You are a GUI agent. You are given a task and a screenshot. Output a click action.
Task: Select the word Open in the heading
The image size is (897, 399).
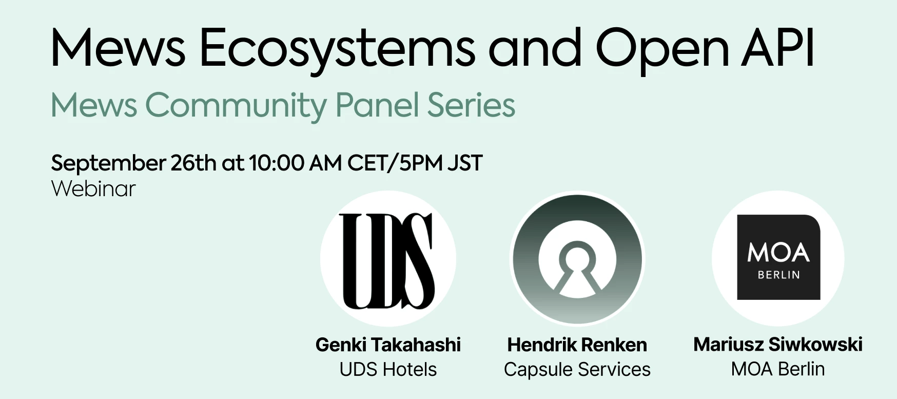662,49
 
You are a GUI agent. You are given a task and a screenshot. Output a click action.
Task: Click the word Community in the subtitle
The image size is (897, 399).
236,106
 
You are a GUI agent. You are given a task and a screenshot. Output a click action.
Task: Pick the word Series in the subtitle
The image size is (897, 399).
471,105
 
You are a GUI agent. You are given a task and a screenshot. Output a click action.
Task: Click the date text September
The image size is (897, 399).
108,164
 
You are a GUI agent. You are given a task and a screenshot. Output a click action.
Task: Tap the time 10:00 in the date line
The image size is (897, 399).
276,163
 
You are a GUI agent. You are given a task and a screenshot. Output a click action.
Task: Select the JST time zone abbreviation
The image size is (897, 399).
464,163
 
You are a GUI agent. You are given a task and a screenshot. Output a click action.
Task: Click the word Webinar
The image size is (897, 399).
93,188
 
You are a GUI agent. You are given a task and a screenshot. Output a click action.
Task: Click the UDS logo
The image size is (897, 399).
387,260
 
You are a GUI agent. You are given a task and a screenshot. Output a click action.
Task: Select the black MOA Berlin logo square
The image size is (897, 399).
778,257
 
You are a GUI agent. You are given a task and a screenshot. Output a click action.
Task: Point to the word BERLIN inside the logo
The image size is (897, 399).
778,275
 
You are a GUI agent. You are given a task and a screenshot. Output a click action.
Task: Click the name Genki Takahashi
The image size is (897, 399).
388,345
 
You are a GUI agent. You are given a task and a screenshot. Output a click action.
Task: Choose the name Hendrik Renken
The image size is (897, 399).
577,345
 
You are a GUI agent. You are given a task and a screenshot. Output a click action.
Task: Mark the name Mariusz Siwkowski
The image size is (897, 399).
777,344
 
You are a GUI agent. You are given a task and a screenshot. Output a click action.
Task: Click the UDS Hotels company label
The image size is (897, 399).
388,369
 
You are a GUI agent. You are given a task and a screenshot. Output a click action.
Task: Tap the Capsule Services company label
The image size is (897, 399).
577,369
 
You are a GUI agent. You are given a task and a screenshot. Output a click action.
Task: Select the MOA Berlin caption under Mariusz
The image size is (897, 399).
777,369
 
